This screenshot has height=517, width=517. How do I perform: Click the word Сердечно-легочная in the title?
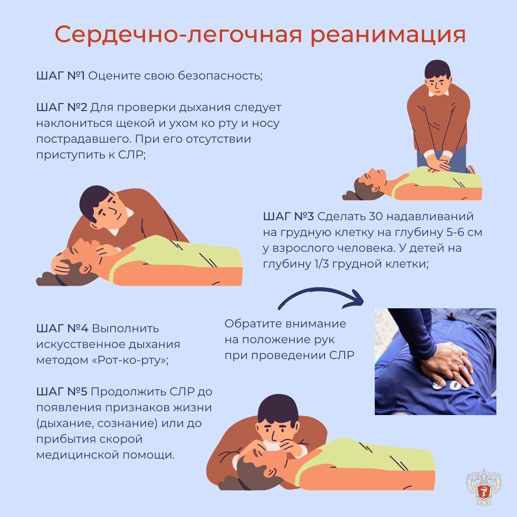point(175,35)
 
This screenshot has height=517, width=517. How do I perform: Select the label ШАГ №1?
point(60,76)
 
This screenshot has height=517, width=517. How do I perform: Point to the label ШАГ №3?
point(288,216)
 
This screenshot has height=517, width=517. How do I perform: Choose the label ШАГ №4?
point(62,329)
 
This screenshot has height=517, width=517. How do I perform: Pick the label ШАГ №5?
point(61,392)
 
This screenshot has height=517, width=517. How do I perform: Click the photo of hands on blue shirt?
point(435,361)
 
